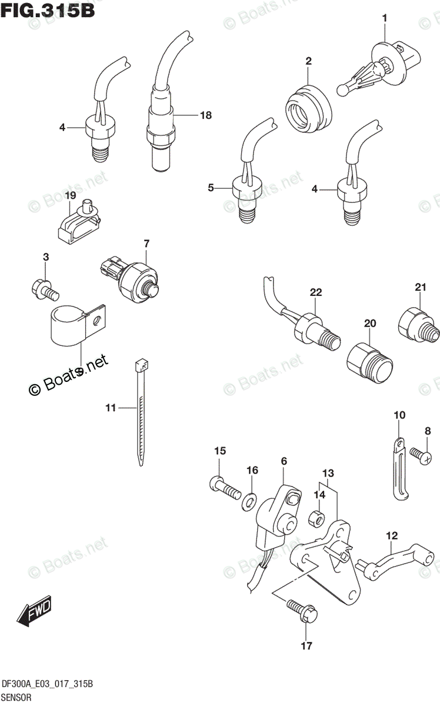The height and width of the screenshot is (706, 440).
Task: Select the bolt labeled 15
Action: [x=224, y=486]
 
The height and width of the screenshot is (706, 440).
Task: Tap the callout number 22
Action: [x=316, y=292]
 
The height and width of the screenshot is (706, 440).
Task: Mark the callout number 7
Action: [x=146, y=243]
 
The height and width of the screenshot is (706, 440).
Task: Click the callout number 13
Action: [x=327, y=473]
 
